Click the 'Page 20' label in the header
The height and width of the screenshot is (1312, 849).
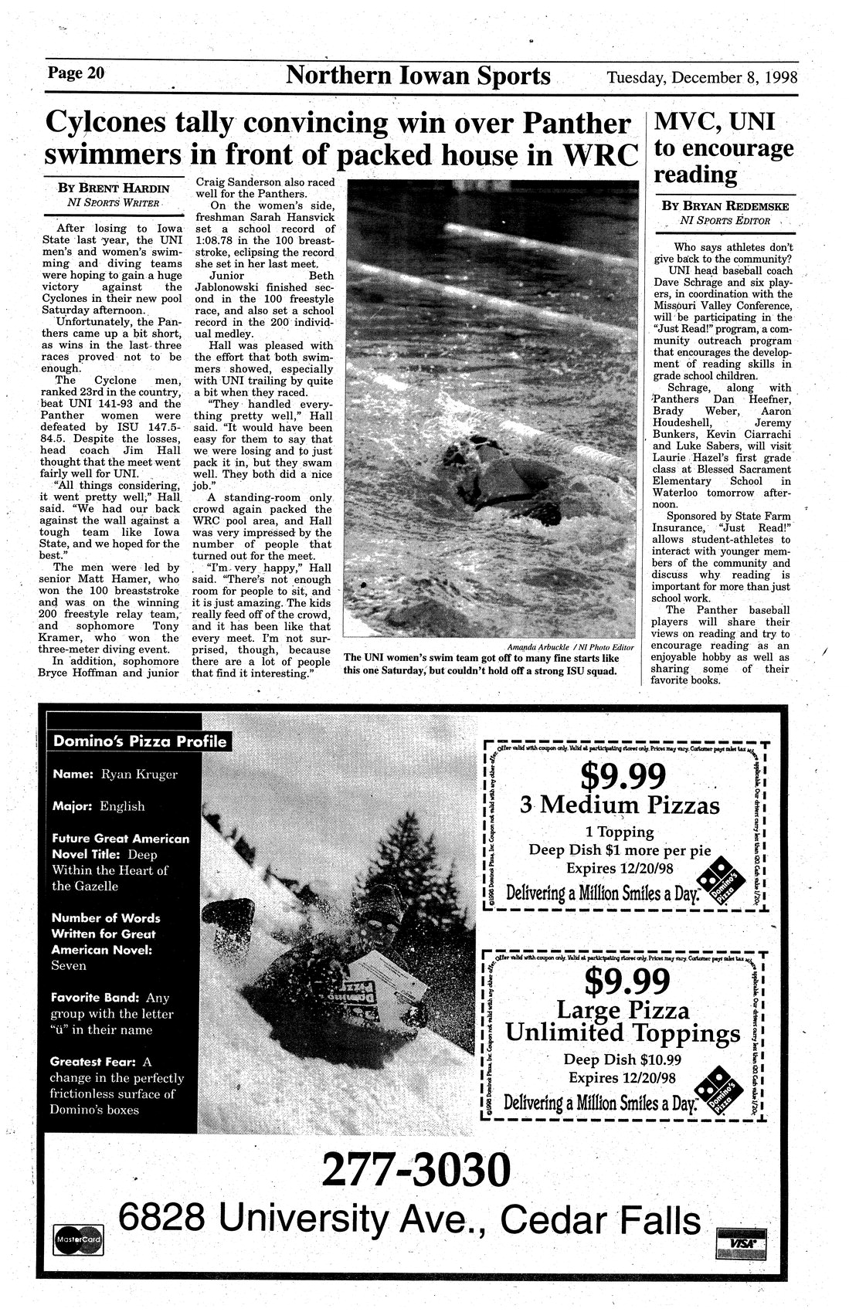pyautogui.click(x=76, y=74)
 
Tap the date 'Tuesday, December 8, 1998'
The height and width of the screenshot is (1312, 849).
pyautogui.click(x=701, y=77)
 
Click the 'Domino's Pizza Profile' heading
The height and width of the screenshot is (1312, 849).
pyautogui.click(x=140, y=742)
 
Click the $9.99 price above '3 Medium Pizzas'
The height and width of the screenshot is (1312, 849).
pyautogui.click(x=622, y=776)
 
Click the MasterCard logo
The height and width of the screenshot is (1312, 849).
pyautogui.click(x=78, y=1239)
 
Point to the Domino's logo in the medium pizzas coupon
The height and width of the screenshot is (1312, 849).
pyautogui.click(x=724, y=882)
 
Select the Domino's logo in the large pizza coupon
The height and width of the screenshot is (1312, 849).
pyautogui.click(x=724, y=1085)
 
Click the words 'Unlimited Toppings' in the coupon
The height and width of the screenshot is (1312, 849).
pyautogui.click(x=622, y=1032)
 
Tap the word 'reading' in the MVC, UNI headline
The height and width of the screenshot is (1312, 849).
pyautogui.click(x=695, y=175)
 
